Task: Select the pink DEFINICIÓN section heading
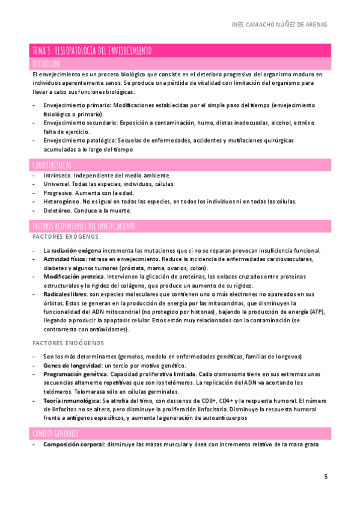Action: point(46,63)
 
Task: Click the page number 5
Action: point(326,476)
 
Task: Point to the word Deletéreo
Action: point(57,210)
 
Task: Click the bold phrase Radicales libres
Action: point(65,294)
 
